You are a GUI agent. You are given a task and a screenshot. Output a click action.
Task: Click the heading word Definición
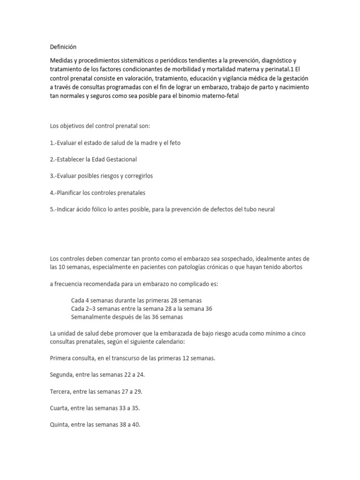[63, 47]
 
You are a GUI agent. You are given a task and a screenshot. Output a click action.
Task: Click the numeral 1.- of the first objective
[54, 143]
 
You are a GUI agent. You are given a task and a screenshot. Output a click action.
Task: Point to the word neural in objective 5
[265, 210]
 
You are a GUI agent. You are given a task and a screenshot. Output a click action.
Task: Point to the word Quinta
[59, 425]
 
